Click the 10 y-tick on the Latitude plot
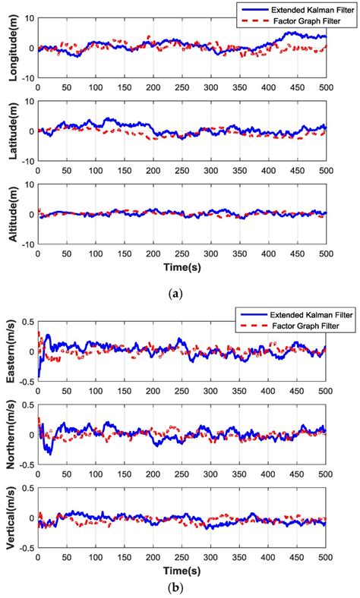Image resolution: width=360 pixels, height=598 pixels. coord(29,101)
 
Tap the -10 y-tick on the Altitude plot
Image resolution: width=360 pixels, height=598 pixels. coord(27,244)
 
